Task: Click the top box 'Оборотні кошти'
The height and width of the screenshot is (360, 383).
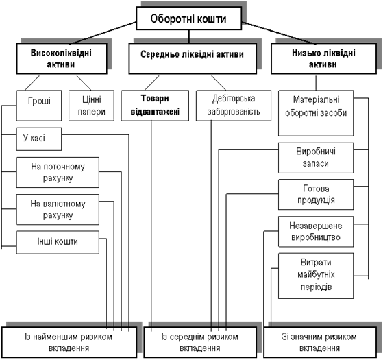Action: pos(189,19)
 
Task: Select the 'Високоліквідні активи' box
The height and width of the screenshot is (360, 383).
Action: pos(62,59)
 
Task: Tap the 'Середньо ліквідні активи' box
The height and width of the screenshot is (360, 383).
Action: pos(193,59)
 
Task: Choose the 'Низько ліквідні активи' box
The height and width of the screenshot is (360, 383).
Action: pos(323,59)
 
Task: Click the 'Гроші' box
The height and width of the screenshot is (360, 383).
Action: pos(39,106)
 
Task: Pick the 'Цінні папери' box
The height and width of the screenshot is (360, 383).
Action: pos(91,106)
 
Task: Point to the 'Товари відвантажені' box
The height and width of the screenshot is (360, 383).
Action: pos(155,106)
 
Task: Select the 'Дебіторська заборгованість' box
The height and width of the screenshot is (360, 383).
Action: pos(234,106)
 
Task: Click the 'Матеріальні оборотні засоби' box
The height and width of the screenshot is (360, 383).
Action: pos(316,113)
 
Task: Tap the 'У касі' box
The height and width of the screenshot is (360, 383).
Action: pos(39,139)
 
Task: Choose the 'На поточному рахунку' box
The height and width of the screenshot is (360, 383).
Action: pos(58,173)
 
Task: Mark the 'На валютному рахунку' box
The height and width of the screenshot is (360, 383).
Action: pos(58,209)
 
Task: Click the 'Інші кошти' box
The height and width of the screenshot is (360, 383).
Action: pos(58,243)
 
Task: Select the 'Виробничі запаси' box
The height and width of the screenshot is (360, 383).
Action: pos(316,158)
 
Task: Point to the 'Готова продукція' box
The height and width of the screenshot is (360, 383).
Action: pos(316,195)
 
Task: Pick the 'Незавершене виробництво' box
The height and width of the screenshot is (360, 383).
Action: pos(316,232)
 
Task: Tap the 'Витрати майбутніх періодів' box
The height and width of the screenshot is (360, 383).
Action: pos(316,276)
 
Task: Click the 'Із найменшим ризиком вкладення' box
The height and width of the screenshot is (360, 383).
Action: pos(69,342)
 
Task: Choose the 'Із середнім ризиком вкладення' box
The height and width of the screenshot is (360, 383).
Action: pos(200,342)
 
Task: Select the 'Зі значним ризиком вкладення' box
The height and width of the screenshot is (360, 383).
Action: pos(320,342)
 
